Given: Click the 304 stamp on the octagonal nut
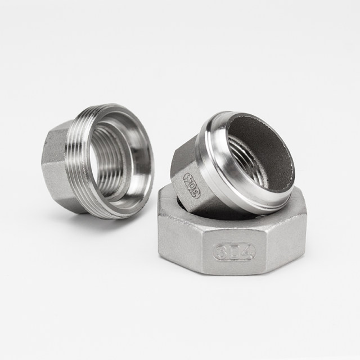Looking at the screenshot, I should click(x=235, y=250).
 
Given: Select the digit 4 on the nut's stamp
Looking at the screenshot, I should click(x=247, y=250).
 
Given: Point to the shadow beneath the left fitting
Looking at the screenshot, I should click(x=84, y=217).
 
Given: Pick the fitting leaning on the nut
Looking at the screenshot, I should click(x=236, y=163).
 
